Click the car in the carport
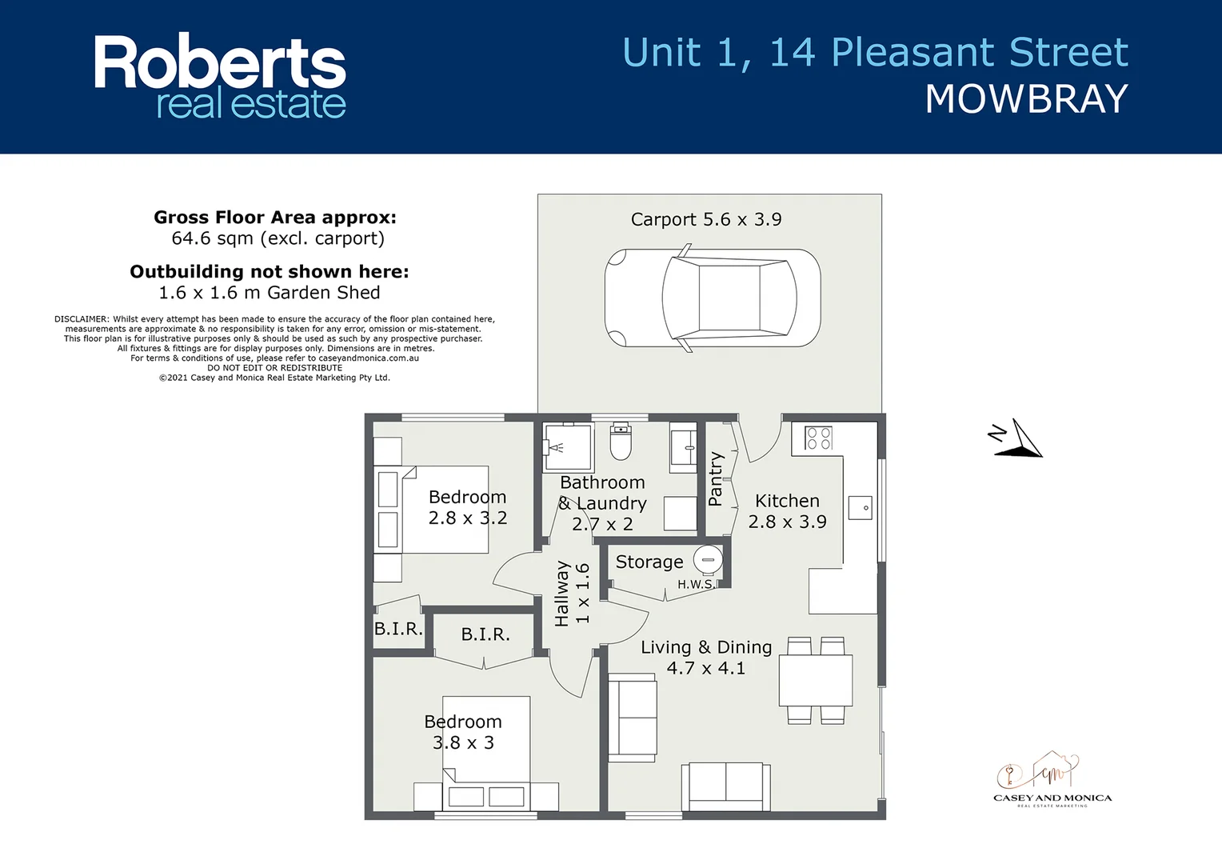pos(712,298)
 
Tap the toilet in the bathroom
pos(621,442)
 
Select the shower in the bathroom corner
pos(567,447)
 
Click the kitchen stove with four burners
pos(818,438)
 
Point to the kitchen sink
pos(861,508)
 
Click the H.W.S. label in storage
pos(695,585)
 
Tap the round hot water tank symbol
pos(708,559)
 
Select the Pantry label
pos(716,479)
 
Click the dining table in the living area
pos(816,680)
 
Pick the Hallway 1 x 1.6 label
pos(572,593)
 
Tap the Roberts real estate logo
pos(220,77)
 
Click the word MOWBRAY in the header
pos(1026,100)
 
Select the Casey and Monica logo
pos(1051,780)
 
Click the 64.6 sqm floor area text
pos(278,238)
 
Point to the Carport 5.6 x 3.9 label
pos(706,219)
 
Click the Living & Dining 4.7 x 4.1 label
pos(706,658)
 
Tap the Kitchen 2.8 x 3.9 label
pos(787,511)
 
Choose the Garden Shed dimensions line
pos(270,293)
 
